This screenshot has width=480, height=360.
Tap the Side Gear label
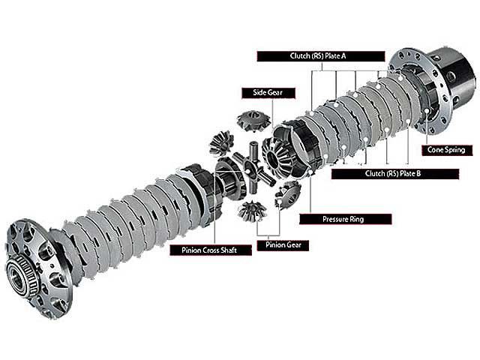268,93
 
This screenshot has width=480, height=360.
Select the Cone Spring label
447,150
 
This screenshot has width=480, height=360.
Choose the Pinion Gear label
283,245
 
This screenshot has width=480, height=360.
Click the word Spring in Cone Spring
455,150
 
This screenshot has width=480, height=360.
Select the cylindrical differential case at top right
433,91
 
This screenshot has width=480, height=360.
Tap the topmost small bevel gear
253,121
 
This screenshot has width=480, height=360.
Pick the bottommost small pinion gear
252,211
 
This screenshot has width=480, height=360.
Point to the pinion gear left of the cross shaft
221,143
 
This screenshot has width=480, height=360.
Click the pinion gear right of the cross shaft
288,194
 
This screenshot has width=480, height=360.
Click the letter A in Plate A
343,56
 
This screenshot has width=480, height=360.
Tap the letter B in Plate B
418,174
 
